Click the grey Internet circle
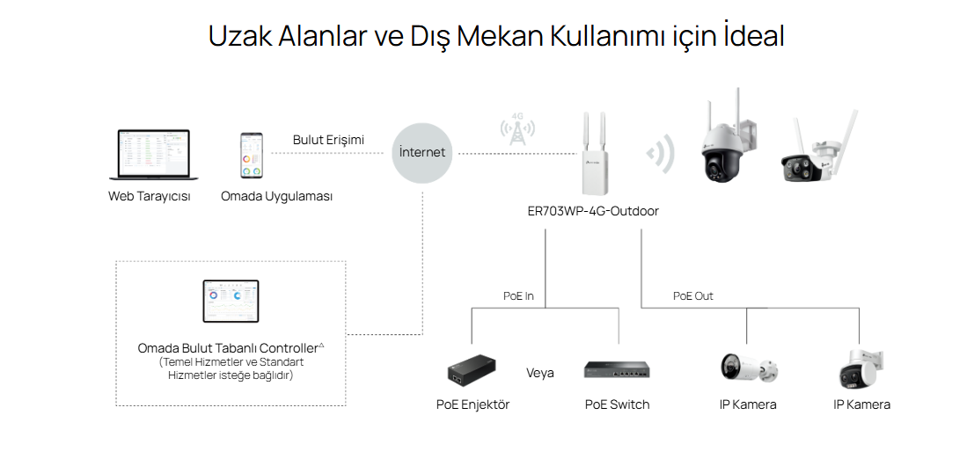point(422,152)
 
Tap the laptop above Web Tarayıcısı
point(149,157)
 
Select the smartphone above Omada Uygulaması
point(252,157)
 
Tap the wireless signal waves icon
point(660,154)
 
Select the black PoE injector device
point(471,372)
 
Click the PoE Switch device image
point(617,370)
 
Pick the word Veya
point(540,373)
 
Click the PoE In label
point(518,296)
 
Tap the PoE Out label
point(692,296)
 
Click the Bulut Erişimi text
point(328,140)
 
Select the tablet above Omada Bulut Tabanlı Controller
point(231,302)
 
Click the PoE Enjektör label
point(472,404)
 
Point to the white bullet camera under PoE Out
point(747,368)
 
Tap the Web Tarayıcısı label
point(149,196)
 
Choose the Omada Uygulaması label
point(277,196)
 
